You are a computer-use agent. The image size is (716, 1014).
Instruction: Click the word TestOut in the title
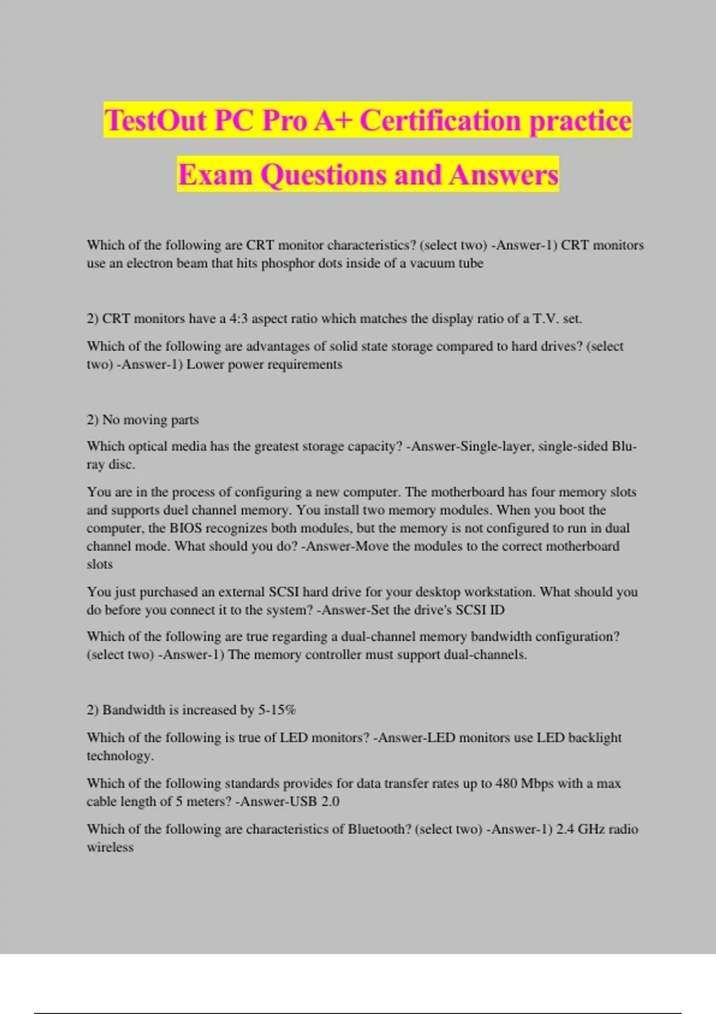pos(155,120)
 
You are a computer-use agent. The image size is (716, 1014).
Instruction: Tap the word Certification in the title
pos(440,120)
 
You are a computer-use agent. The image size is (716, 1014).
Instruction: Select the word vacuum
pos(431,263)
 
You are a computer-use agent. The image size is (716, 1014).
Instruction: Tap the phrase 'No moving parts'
pos(150,420)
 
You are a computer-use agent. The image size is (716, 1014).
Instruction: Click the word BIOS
pos(186,528)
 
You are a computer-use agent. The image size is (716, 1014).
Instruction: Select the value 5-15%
pos(277,710)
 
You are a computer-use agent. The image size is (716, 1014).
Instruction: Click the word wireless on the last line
pos(110,847)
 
